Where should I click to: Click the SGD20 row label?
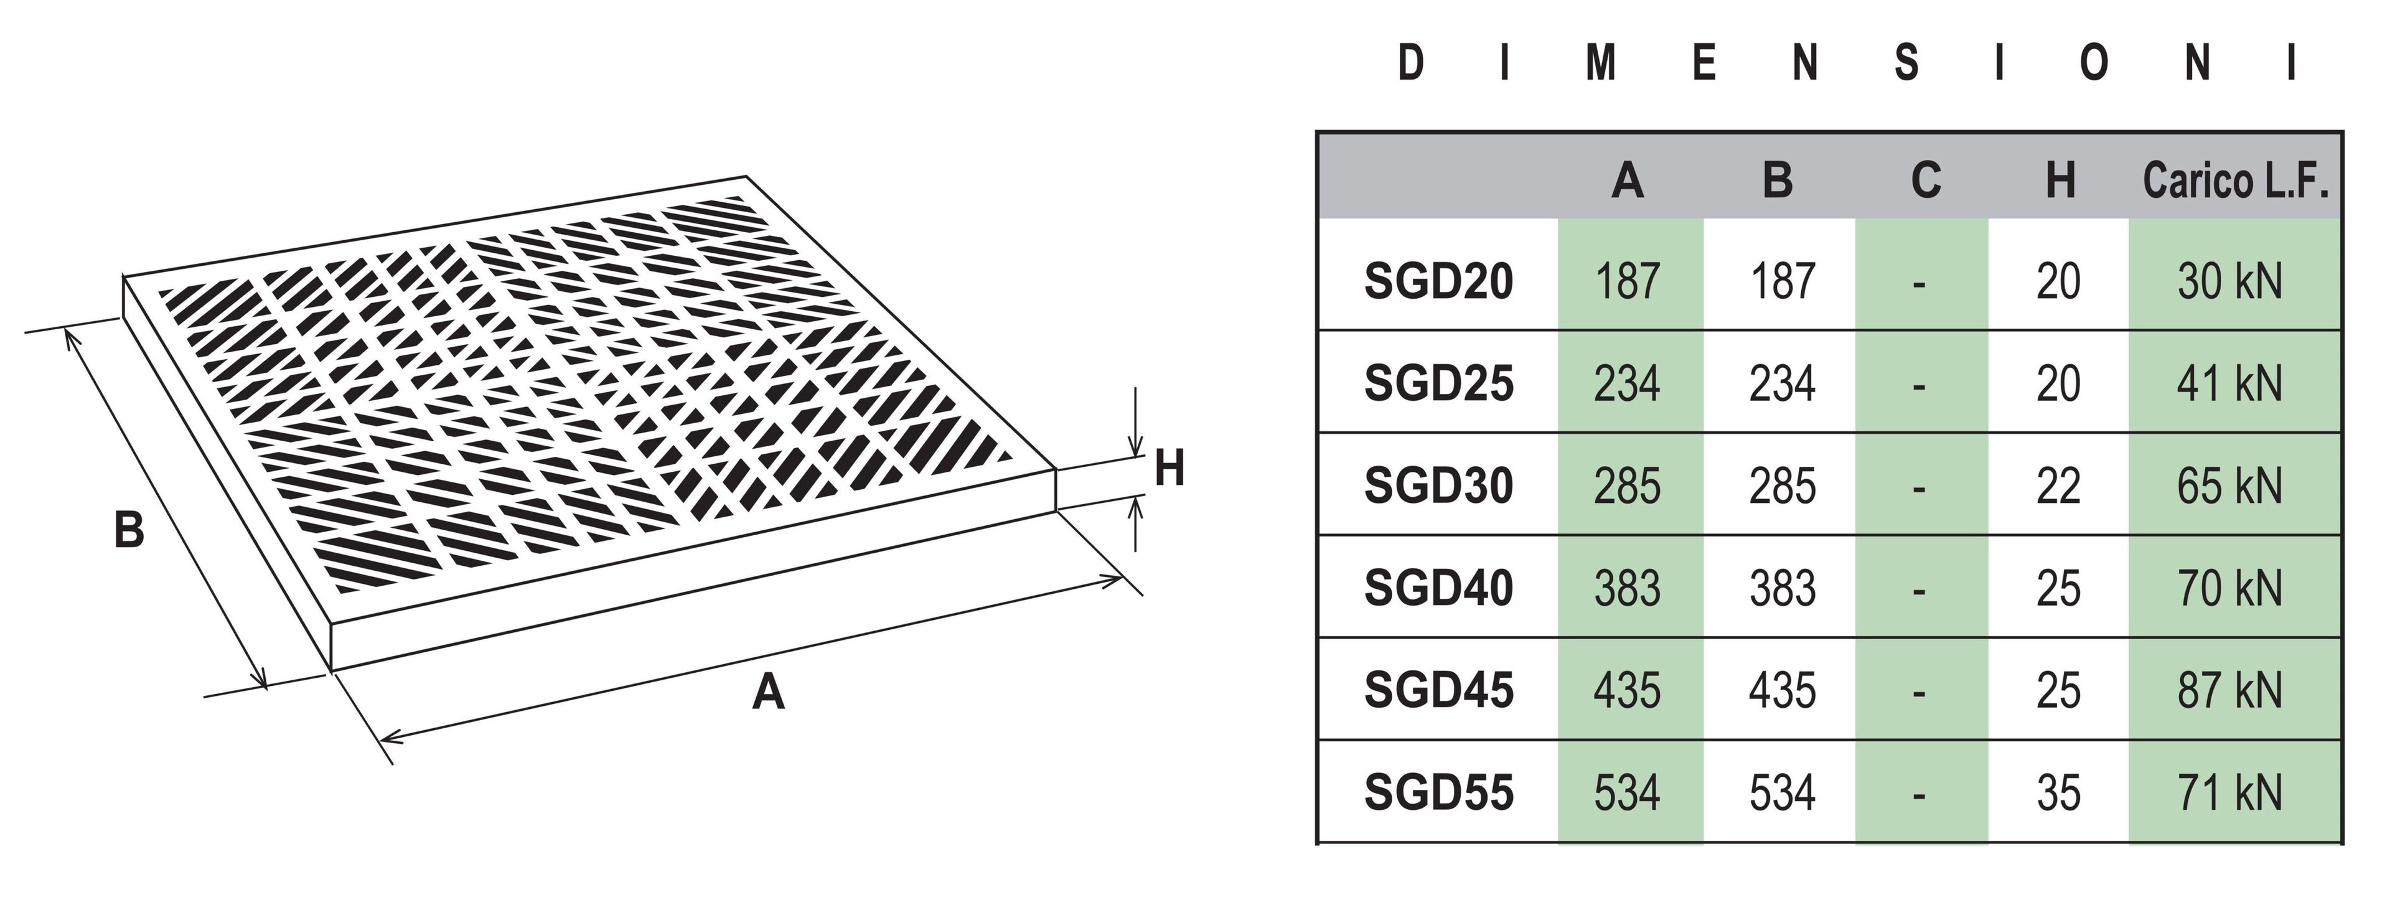click(x=1438, y=281)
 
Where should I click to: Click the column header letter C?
click(x=1925, y=180)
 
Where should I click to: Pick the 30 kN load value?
click(x=2229, y=281)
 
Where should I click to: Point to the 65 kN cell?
click(x=2229, y=485)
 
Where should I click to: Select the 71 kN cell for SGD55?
click(x=2229, y=793)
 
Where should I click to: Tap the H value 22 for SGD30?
click(x=2058, y=485)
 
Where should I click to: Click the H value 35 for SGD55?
click(x=2058, y=793)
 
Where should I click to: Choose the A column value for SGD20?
click(x=1628, y=281)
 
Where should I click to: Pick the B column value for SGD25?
click(x=1781, y=383)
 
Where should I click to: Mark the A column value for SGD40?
click(x=1628, y=588)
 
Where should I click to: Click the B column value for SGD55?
click(x=1781, y=793)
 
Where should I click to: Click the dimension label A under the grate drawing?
click(x=768, y=692)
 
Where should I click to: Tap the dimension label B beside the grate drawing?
click(x=129, y=531)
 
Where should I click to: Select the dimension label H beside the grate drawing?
click(x=1169, y=469)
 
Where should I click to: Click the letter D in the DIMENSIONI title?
click(x=1410, y=63)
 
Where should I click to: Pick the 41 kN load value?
click(x=2229, y=383)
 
